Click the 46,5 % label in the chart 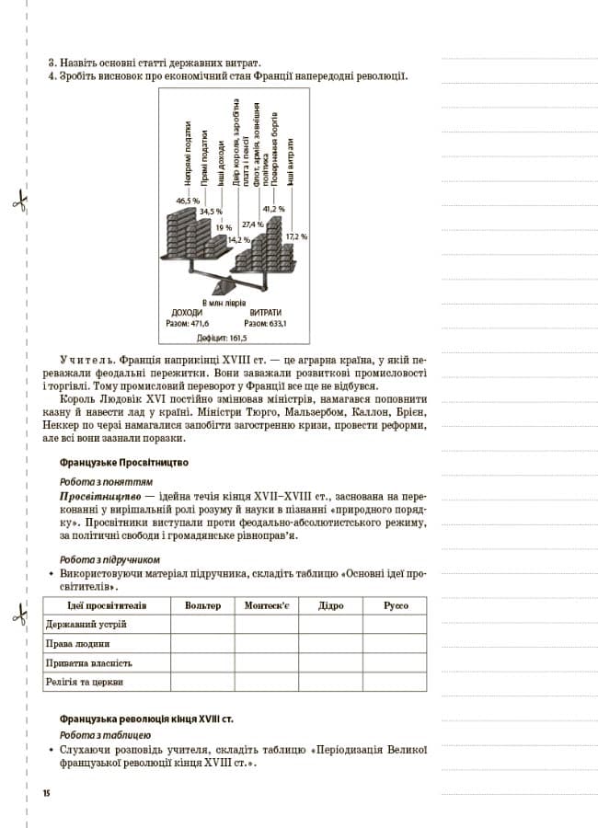[x=187, y=201]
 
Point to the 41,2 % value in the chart [x=273, y=209]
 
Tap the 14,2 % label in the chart [x=239, y=239]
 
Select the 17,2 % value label [x=296, y=236]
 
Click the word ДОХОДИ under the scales [x=187, y=313]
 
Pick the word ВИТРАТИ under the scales [x=266, y=313]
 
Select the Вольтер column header [x=202, y=605]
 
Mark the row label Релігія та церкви [x=84, y=682]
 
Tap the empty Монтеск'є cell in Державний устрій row [x=266, y=625]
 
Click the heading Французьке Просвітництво [x=123, y=462]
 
